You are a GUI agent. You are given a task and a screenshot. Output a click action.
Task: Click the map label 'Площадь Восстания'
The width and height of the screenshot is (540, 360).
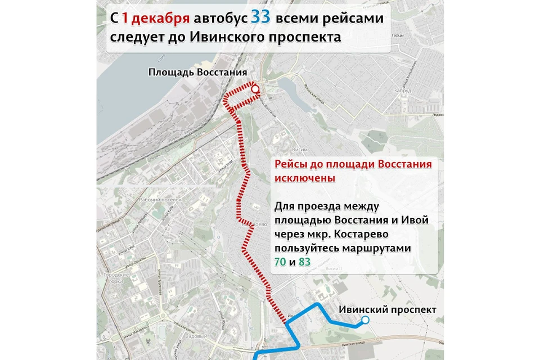(x=198, y=73)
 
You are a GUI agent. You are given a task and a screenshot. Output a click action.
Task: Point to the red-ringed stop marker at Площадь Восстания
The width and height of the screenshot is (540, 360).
(x=255, y=89)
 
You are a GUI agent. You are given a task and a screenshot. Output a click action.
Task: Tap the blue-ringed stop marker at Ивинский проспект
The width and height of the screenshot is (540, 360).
(x=365, y=320)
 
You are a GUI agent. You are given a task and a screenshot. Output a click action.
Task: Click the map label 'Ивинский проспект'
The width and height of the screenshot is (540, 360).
(x=388, y=310)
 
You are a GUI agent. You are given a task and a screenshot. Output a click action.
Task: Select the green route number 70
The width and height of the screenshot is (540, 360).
(x=280, y=262)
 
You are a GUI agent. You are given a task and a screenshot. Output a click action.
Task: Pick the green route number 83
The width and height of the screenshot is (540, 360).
(x=305, y=262)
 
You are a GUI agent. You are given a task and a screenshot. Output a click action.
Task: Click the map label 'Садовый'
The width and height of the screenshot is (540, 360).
(x=197, y=336)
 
